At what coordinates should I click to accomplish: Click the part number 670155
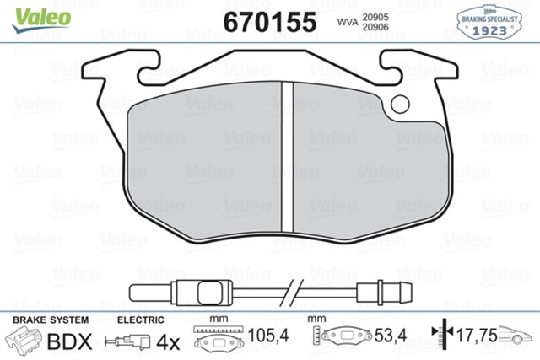coord(269,20)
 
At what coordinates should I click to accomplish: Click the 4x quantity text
coord(169,342)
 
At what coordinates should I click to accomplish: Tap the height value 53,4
coord(391,336)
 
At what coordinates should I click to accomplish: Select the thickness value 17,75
coord(475,336)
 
